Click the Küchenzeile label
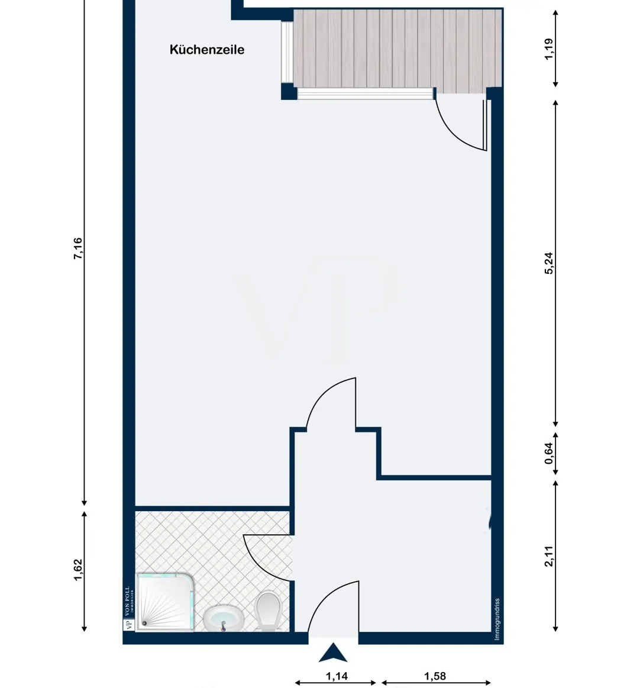coord(207,50)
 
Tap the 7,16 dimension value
coord(78,248)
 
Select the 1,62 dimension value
coord(78,570)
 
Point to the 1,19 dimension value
coord(549,49)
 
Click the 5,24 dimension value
coord(549,263)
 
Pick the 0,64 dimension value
coord(549,453)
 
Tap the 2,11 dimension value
coord(549,556)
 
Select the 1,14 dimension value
coord(336,676)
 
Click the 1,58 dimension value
coord(435,676)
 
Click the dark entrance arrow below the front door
coord(333,653)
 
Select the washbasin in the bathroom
coord(224,619)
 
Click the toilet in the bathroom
coord(269,609)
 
